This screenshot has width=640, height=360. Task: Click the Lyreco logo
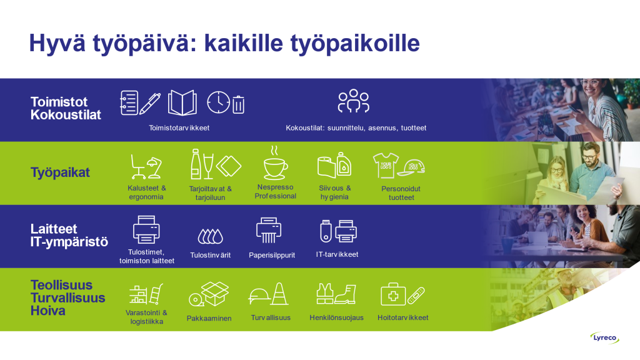(x=604, y=338)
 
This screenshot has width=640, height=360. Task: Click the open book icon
(x=182, y=102)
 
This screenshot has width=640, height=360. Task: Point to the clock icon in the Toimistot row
(x=218, y=102)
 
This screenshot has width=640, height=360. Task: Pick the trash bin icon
(x=238, y=104)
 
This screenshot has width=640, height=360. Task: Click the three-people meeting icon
(x=354, y=101)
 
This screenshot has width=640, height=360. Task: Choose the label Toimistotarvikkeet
(x=179, y=127)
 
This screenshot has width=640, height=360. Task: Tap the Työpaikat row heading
(x=60, y=172)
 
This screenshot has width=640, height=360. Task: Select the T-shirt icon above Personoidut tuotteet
(x=386, y=165)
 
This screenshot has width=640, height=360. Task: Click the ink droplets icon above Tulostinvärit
(x=211, y=236)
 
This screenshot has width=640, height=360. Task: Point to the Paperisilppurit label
(x=272, y=255)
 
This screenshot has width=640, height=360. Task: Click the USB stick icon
(x=326, y=231)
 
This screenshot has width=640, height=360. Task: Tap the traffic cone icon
(x=280, y=294)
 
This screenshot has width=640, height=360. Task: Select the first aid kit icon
(x=393, y=294)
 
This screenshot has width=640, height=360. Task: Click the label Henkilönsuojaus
(x=336, y=317)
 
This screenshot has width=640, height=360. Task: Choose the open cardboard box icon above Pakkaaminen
(x=215, y=294)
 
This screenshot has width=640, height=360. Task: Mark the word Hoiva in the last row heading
(x=47, y=311)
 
